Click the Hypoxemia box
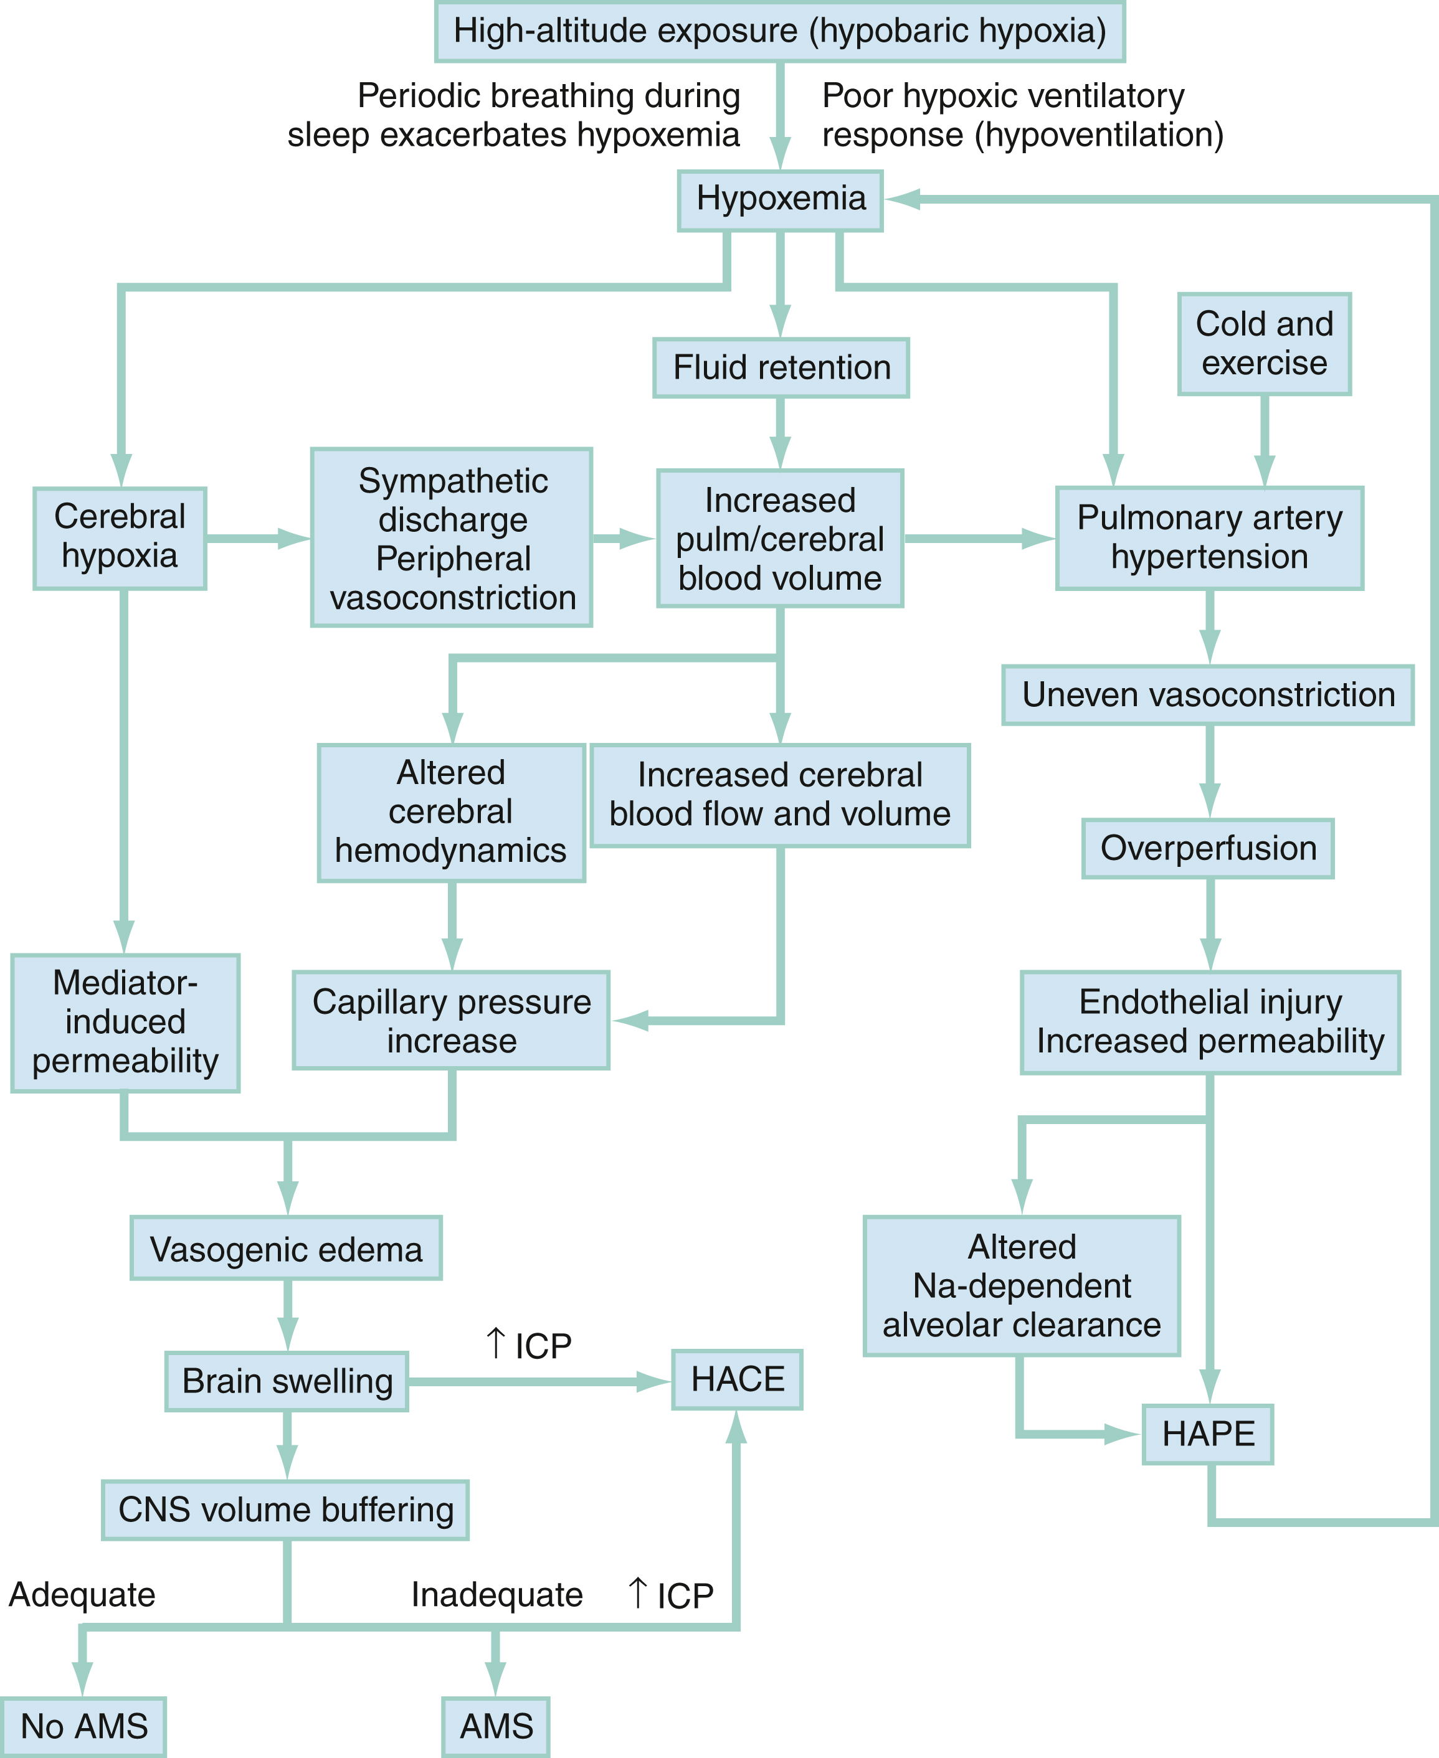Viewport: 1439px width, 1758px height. (780, 200)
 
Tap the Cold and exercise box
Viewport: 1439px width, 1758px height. (1264, 344)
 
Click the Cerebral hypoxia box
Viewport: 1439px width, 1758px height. (120, 537)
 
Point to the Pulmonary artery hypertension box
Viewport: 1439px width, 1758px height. (1209, 537)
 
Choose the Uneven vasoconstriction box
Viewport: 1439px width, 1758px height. (1208, 695)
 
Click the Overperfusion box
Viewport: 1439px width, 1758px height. (1208, 848)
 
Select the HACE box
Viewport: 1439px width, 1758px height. (737, 1379)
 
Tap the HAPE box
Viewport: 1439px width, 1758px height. (1208, 1434)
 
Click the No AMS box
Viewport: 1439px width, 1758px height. (83, 1726)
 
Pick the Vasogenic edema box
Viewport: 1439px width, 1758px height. (286, 1249)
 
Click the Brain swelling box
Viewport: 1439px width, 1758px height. (287, 1381)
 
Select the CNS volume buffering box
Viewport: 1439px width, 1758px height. (286, 1510)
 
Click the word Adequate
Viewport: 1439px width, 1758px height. (82, 1595)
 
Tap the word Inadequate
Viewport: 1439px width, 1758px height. (496, 1595)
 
